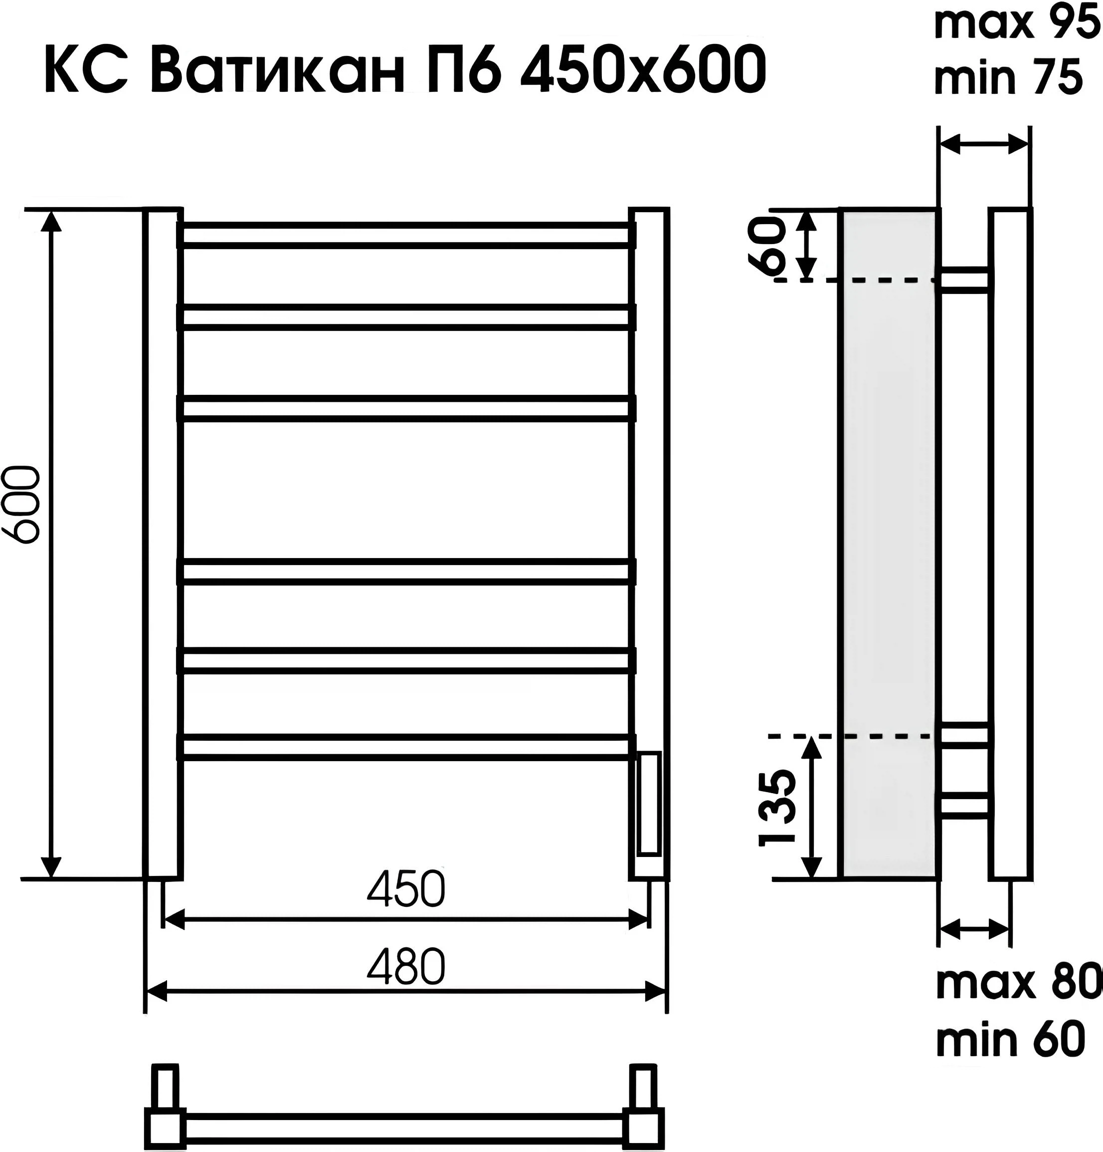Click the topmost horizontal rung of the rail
[x=406, y=235]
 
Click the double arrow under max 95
[x=984, y=143]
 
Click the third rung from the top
[x=406, y=408]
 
